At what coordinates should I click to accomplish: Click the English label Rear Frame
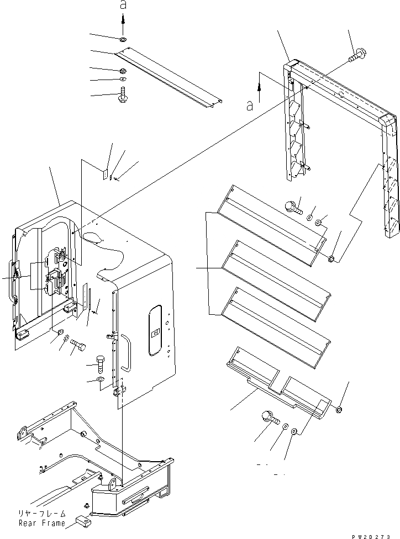click(41, 523)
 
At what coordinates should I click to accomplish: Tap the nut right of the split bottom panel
click(338, 409)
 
